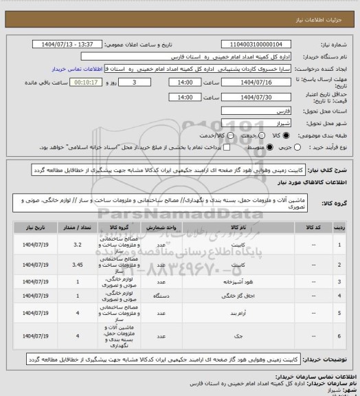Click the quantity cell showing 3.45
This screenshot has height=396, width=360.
[78, 264]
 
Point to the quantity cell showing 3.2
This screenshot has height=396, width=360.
[78, 243]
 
